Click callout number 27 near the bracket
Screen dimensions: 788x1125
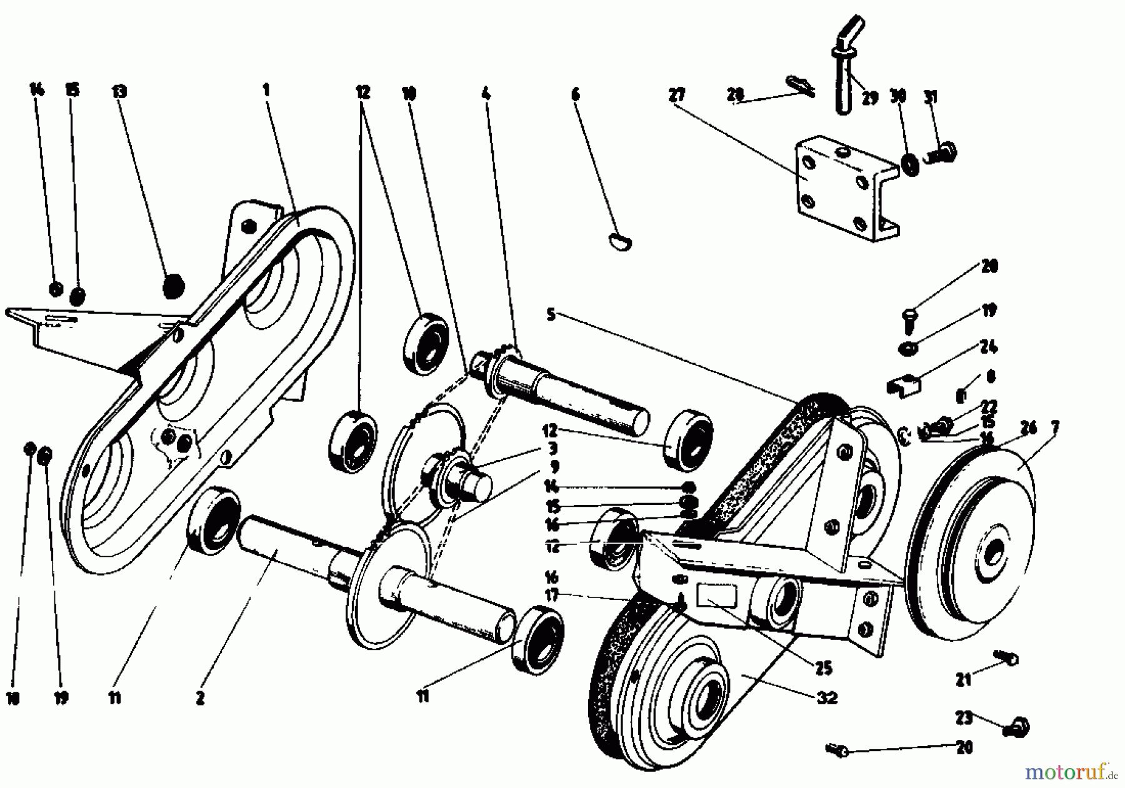point(676,95)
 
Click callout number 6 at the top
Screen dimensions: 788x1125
point(576,94)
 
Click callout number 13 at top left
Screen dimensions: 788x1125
point(119,92)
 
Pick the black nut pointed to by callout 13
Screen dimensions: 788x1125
point(174,287)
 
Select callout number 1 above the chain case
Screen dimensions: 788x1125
point(266,90)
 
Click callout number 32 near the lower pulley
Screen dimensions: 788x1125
point(827,697)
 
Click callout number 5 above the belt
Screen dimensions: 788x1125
point(551,314)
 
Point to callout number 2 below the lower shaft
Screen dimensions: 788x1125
point(200,699)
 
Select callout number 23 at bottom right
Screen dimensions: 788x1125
point(964,718)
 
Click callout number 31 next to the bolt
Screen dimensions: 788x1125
point(931,98)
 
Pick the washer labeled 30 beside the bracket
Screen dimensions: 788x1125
point(911,164)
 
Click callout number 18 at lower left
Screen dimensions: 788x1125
point(12,699)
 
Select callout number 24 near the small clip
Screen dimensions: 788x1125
point(989,347)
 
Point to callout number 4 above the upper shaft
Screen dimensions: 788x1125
point(486,94)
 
